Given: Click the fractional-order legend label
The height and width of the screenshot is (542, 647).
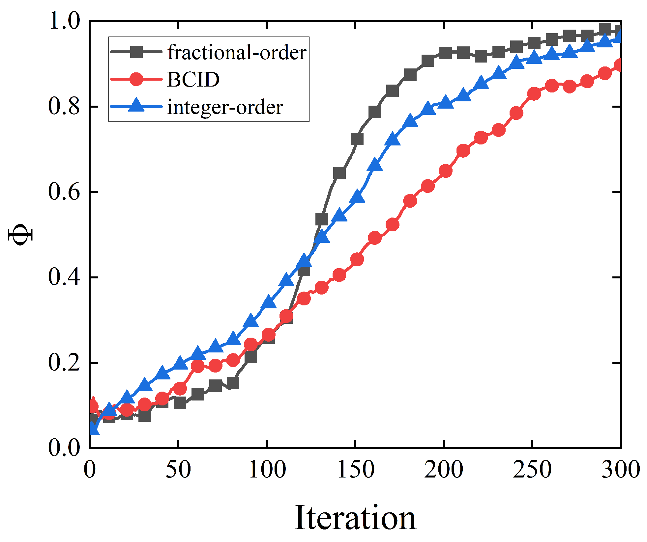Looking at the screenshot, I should coord(237,52).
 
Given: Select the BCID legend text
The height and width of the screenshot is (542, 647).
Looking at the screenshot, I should coord(193,79).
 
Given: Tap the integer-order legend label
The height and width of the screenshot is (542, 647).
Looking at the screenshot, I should coord(225,107).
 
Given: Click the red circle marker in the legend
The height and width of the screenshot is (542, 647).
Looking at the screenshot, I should coord(136,79).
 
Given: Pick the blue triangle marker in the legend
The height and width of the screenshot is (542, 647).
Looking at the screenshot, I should coord(136,106).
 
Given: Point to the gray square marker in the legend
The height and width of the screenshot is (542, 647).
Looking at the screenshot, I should coord(136,52).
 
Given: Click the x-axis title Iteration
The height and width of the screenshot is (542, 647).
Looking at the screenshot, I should coord(355,518).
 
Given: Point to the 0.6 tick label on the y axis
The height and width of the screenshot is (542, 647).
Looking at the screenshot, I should coord(64,192).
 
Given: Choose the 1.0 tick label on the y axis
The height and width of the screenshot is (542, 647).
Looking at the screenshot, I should coord(64,21).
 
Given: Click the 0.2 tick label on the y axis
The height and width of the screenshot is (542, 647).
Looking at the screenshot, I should coord(64,363).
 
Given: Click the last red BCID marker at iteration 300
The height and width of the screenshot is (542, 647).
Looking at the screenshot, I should coord(619,65).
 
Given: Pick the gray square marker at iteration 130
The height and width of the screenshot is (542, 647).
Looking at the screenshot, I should coord(322,219).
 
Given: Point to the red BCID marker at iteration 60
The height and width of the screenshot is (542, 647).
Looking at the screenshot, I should coord(197,366).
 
